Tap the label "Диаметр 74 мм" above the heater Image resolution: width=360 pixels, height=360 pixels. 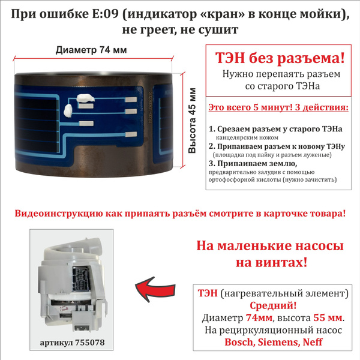pos(91,51)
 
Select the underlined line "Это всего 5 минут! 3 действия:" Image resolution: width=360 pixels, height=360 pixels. pos(277,108)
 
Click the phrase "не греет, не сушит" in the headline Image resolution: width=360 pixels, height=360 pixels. pos(179,29)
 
